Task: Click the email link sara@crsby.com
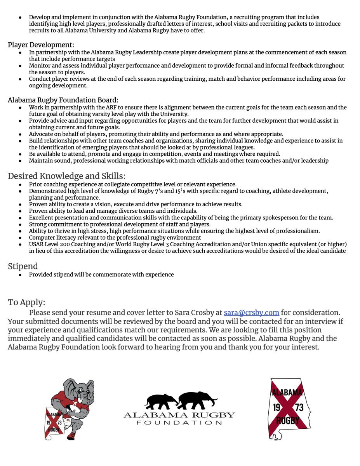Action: click(251, 313)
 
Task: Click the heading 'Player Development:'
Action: click(41, 45)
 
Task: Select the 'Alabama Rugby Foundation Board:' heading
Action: click(63, 100)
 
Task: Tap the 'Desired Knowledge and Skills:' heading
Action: click(66, 176)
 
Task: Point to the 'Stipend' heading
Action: click(23, 266)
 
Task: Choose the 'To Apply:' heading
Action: click(26, 302)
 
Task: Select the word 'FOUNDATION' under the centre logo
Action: click(179, 423)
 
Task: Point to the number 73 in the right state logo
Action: click(299, 407)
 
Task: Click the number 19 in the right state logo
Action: click(277, 407)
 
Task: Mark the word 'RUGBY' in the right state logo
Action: click(288, 421)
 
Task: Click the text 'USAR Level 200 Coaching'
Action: click(61, 244)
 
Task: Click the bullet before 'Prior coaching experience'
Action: click(20, 185)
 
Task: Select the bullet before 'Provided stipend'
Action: click(20, 275)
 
